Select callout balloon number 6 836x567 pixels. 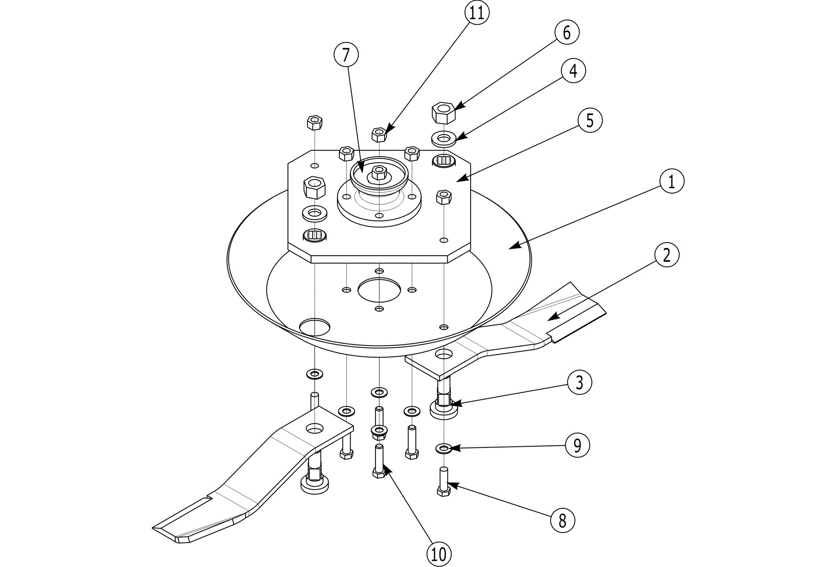(x=567, y=32)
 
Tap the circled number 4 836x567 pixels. (x=573, y=71)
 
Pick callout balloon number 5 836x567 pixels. (x=590, y=120)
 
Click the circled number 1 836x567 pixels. (x=672, y=181)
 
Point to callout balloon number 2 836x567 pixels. (x=666, y=255)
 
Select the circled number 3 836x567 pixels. (x=579, y=382)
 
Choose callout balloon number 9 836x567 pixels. (x=577, y=445)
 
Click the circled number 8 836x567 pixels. (x=563, y=521)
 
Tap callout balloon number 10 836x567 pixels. (x=439, y=554)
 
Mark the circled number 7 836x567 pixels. (x=346, y=55)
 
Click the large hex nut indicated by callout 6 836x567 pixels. (x=443, y=113)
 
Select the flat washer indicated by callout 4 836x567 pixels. (x=443, y=139)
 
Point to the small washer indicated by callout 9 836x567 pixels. (x=443, y=448)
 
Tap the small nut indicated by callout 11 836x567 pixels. (x=379, y=135)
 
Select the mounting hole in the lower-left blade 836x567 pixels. (x=315, y=429)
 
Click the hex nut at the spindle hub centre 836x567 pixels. (x=378, y=173)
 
